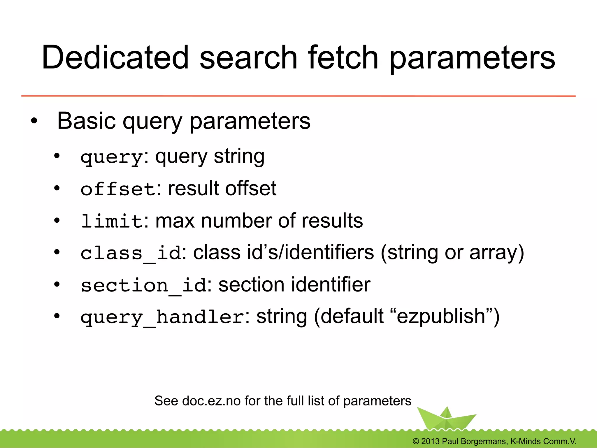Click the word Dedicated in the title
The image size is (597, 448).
click(x=115, y=57)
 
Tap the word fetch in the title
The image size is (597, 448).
click(x=343, y=57)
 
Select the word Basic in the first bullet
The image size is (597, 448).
click(x=86, y=121)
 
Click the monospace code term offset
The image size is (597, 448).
click(x=118, y=189)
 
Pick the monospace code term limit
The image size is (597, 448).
click(x=112, y=221)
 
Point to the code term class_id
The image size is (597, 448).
click(x=131, y=253)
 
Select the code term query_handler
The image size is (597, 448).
click(x=162, y=317)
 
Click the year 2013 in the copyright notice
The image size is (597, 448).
click(x=430, y=441)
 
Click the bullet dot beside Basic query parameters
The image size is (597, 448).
click(x=34, y=120)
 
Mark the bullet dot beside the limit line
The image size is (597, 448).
click(x=57, y=220)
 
